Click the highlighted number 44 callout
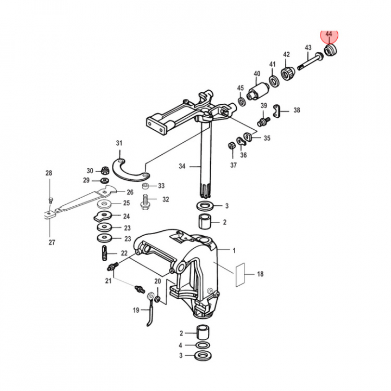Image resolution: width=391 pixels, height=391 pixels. click(329, 34)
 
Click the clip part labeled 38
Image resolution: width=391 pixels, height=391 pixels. click(278, 110)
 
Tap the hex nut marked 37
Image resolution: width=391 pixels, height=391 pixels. click(231, 146)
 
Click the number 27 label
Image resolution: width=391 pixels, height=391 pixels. click(52, 243)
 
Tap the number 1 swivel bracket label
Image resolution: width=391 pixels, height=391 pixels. click(234, 250)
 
